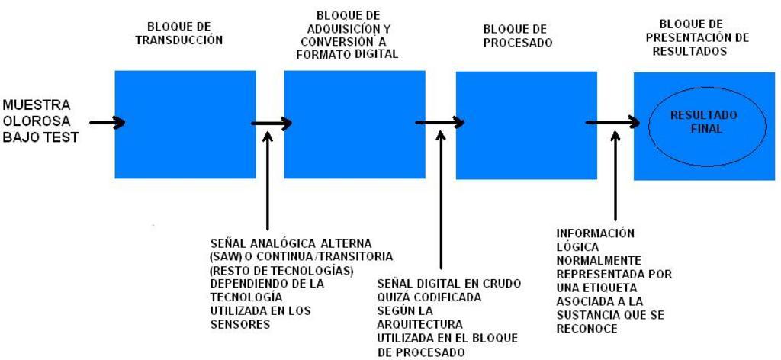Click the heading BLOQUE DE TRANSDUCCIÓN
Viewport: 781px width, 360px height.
178,34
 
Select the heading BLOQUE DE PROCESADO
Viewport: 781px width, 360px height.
518,36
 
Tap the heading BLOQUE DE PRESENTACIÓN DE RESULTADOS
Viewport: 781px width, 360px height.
700,37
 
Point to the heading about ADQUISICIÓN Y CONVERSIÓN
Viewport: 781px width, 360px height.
347,35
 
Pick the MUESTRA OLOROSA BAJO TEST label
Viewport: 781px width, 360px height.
41,121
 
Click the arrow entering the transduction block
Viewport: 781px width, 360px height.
107,122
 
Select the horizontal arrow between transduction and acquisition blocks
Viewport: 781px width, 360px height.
271,123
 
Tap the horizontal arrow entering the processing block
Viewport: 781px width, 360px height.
440,122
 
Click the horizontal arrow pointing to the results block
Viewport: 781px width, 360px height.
612,122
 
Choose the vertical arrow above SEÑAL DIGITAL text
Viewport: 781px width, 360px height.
440,201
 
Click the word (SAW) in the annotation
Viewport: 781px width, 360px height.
227,257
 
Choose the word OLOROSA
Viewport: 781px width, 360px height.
37,121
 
